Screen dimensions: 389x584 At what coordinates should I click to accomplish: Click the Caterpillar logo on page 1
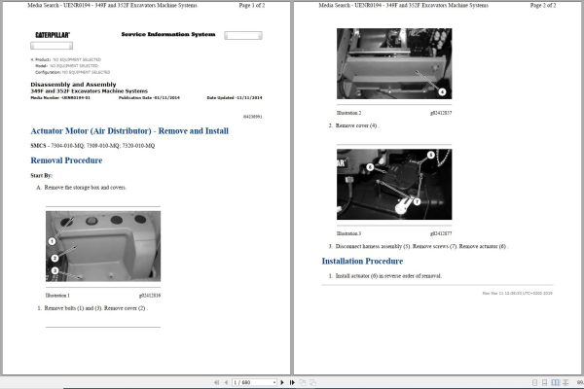pos(51,35)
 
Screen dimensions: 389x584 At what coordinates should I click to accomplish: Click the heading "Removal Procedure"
pos(66,160)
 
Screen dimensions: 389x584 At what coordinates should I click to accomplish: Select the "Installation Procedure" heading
pos(363,261)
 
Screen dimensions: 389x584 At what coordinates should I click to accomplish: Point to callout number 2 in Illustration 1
pos(54,256)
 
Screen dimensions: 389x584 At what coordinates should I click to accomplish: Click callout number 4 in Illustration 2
pos(441,92)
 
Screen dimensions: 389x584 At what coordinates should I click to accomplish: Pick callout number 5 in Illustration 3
pos(344,167)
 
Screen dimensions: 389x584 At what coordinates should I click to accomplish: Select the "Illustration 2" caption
pos(348,113)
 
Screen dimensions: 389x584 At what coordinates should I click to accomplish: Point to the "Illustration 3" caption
pos(348,233)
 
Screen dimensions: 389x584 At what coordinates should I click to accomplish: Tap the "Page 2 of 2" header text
pos(551,6)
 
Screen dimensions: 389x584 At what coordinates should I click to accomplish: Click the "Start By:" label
pos(43,175)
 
